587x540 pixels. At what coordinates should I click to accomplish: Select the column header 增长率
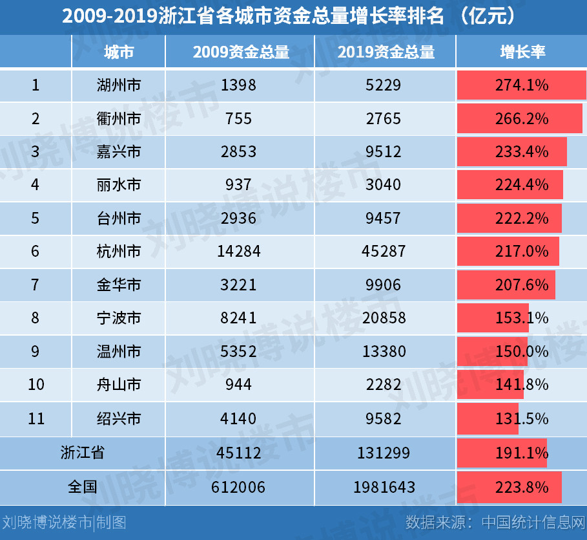pyautogui.click(x=522, y=52)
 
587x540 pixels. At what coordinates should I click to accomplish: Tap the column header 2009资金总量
pyautogui.click(x=240, y=52)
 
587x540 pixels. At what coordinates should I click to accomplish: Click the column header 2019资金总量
pyautogui.click(x=386, y=52)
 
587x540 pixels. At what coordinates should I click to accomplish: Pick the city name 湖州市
pyautogui.click(x=118, y=85)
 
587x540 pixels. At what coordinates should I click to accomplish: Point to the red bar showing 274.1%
pyautogui.click(x=521, y=85)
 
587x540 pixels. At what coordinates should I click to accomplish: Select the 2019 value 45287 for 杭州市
pyautogui.click(x=386, y=252)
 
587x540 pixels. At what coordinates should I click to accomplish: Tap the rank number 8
pyautogui.click(x=36, y=318)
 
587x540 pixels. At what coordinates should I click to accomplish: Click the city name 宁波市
pyautogui.click(x=118, y=318)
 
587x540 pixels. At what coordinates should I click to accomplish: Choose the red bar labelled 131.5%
pyautogui.click(x=488, y=418)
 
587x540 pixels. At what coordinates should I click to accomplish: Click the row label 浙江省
pyautogui.click(x=82, y=453)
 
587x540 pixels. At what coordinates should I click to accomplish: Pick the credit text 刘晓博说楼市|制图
pyautogui.click(x=64, y=523)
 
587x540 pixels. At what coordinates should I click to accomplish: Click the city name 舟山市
pyautogui.click(x=118, y=385)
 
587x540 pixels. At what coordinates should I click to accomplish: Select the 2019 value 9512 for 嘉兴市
pyautogui.click(x=386, y=152)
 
